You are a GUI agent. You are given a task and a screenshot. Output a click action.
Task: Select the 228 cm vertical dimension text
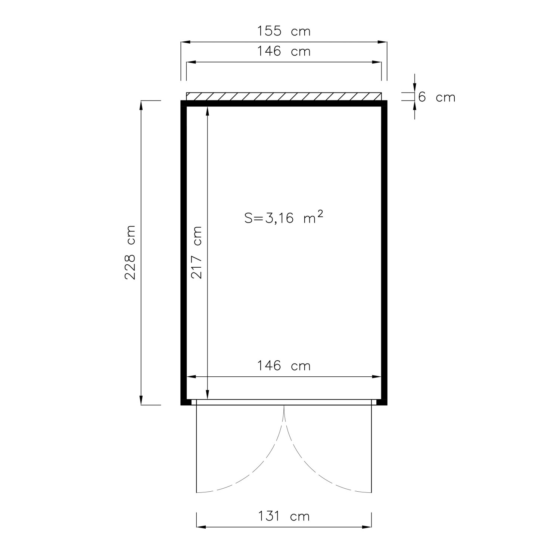pos(130,252)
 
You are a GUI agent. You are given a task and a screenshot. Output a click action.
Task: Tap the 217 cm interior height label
pos(196,252)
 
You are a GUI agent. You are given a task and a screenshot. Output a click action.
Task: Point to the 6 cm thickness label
pos(436,97)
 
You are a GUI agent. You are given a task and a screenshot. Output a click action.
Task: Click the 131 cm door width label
pos(284,516)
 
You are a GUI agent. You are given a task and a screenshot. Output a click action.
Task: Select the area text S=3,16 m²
pos(284,217)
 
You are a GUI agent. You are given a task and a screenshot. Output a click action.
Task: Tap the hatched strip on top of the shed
pos(284,96)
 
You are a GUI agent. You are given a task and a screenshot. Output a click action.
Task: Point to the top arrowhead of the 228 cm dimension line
pos(141,105)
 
